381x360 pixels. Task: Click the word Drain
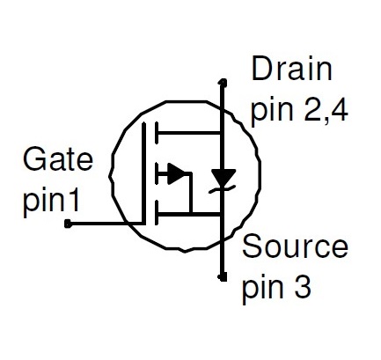[292, 69]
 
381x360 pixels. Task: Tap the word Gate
[58, 159]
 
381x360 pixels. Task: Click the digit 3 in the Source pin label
[302, 288]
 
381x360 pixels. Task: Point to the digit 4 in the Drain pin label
[339, 111]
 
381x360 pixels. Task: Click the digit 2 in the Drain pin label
[312, 111]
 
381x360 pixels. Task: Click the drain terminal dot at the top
[223, 82]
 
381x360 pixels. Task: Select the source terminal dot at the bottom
[223, 276]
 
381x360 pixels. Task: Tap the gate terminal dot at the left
[68, 224]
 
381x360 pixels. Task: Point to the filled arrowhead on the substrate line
[176, 174]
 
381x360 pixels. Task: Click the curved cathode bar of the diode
[223, 189]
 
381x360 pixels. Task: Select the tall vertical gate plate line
[143, 173]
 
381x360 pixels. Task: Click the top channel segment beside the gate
[157, 133]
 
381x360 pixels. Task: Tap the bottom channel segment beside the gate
[157, 212]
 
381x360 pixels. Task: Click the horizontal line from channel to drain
[189, 133]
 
